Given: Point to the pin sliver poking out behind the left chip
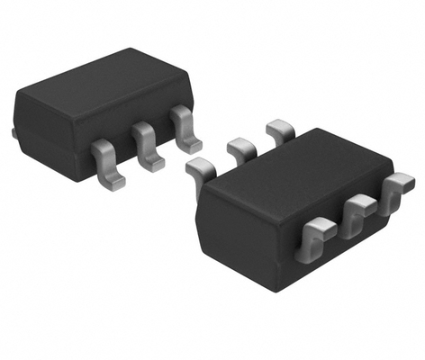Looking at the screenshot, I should pos(14,133).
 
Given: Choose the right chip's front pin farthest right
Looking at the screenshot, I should pos(393,193).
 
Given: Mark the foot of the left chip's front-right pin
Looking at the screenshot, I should pos(190,144).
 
